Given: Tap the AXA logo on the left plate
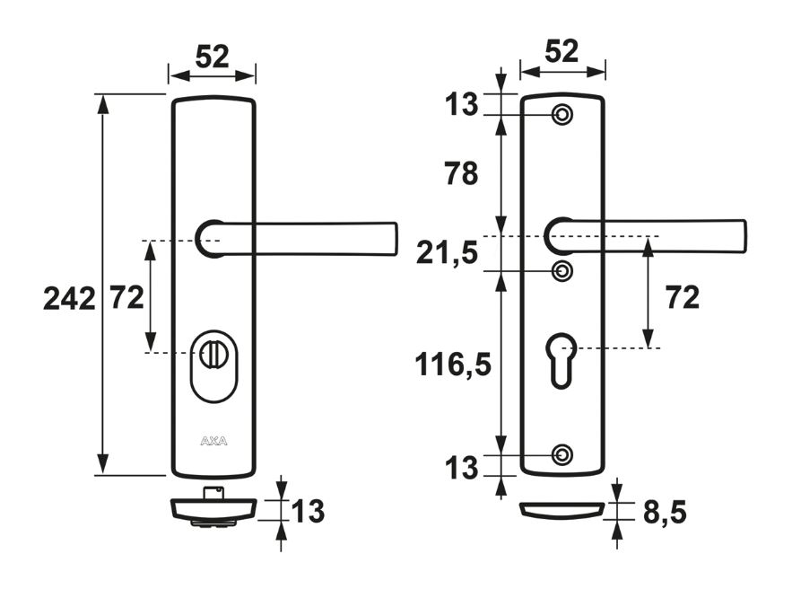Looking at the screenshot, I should click(213, 441).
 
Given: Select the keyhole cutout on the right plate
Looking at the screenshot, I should click(561, 357).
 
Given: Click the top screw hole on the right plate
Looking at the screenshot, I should click(562, 115).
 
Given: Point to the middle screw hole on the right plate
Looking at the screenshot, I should click(562, 271).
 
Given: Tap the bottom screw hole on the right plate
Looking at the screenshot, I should click(562, 455).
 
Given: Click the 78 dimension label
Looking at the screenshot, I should click(461, 173).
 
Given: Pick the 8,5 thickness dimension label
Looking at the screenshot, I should click(665, 513).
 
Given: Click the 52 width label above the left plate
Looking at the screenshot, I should click(212, 57).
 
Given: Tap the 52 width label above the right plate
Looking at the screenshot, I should click(562, 53).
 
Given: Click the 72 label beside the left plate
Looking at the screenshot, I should click(126, 297).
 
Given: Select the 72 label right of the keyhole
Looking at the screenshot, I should click(682, 297).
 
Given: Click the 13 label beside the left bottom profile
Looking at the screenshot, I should click(308, 512).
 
